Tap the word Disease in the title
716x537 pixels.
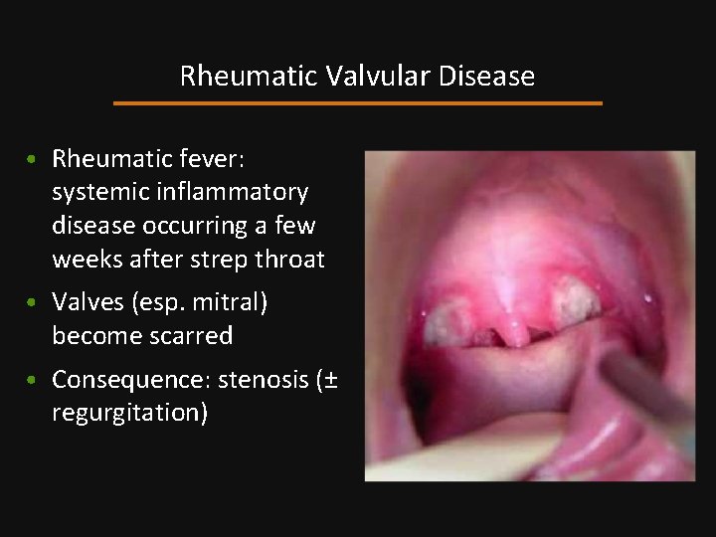[x=486, y=77]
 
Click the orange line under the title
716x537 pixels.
[x=358, y=102]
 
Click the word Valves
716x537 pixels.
[x=86, y=301]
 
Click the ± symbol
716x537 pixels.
[x=328, y=380]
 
